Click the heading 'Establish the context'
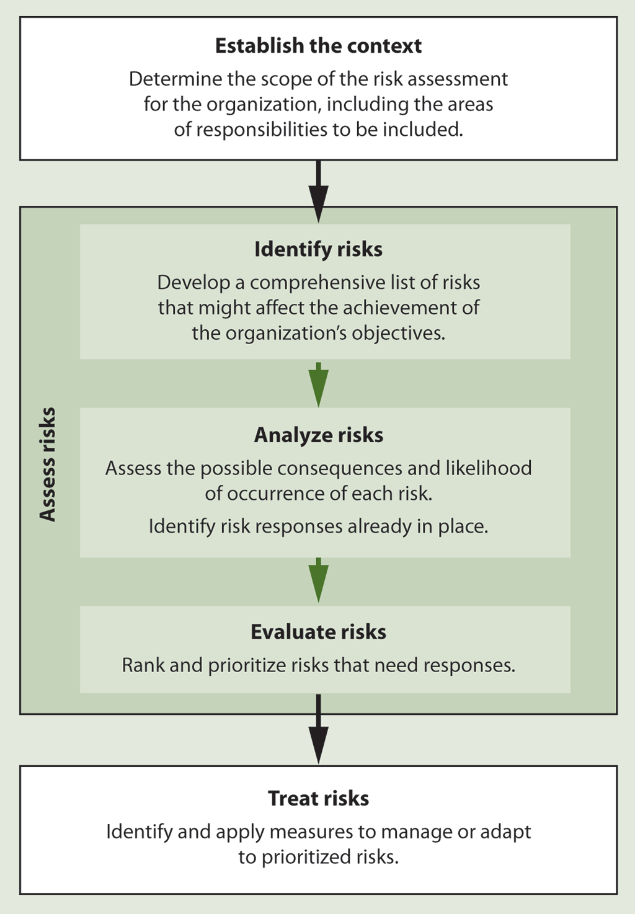(318, 45)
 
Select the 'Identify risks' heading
(318, 249)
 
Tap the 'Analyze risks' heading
(318, 435)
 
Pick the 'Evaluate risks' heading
(318, 632)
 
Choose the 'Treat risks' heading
(318, 799)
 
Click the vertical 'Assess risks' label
(48, 464)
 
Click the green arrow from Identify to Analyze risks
(318, 384)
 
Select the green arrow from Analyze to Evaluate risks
(318, 580)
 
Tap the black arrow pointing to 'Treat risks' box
(318, 729)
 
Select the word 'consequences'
(340, 469)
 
